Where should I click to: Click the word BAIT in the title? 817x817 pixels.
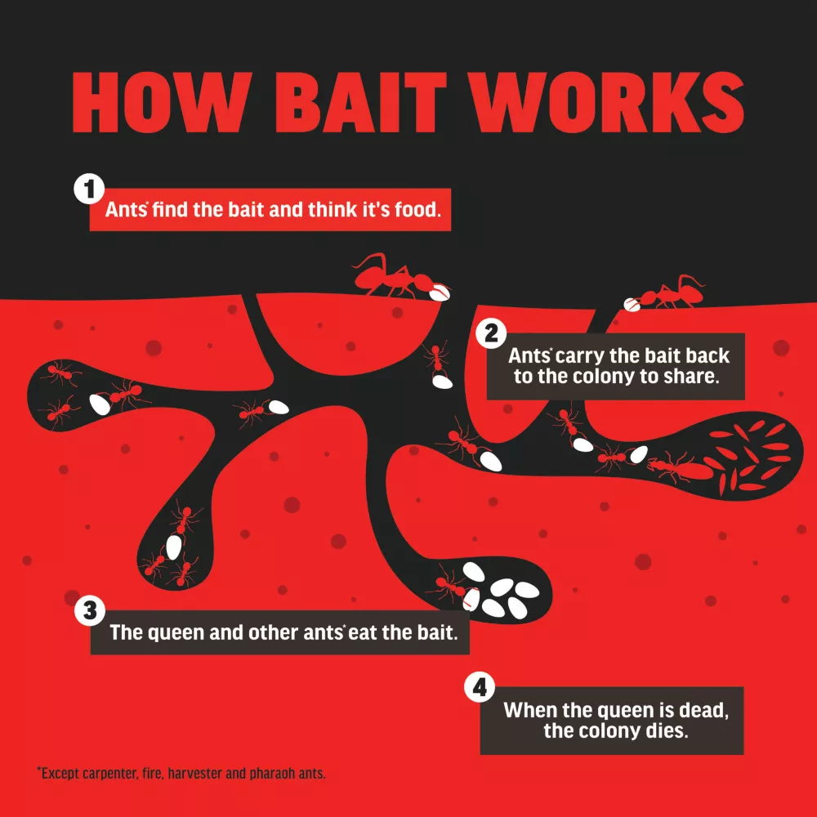click(360, 103)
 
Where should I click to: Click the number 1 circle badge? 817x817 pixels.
click(89, 189)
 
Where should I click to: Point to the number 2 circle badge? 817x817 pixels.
click(491, 333)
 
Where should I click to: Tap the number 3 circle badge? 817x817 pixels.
click(90, 610)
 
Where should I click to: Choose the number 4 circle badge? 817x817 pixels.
click(480, 687)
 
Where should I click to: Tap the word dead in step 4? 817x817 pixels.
click(704, 710)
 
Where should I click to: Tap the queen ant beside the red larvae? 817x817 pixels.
click(680, 468)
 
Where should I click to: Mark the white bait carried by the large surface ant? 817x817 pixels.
click(440, 292)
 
